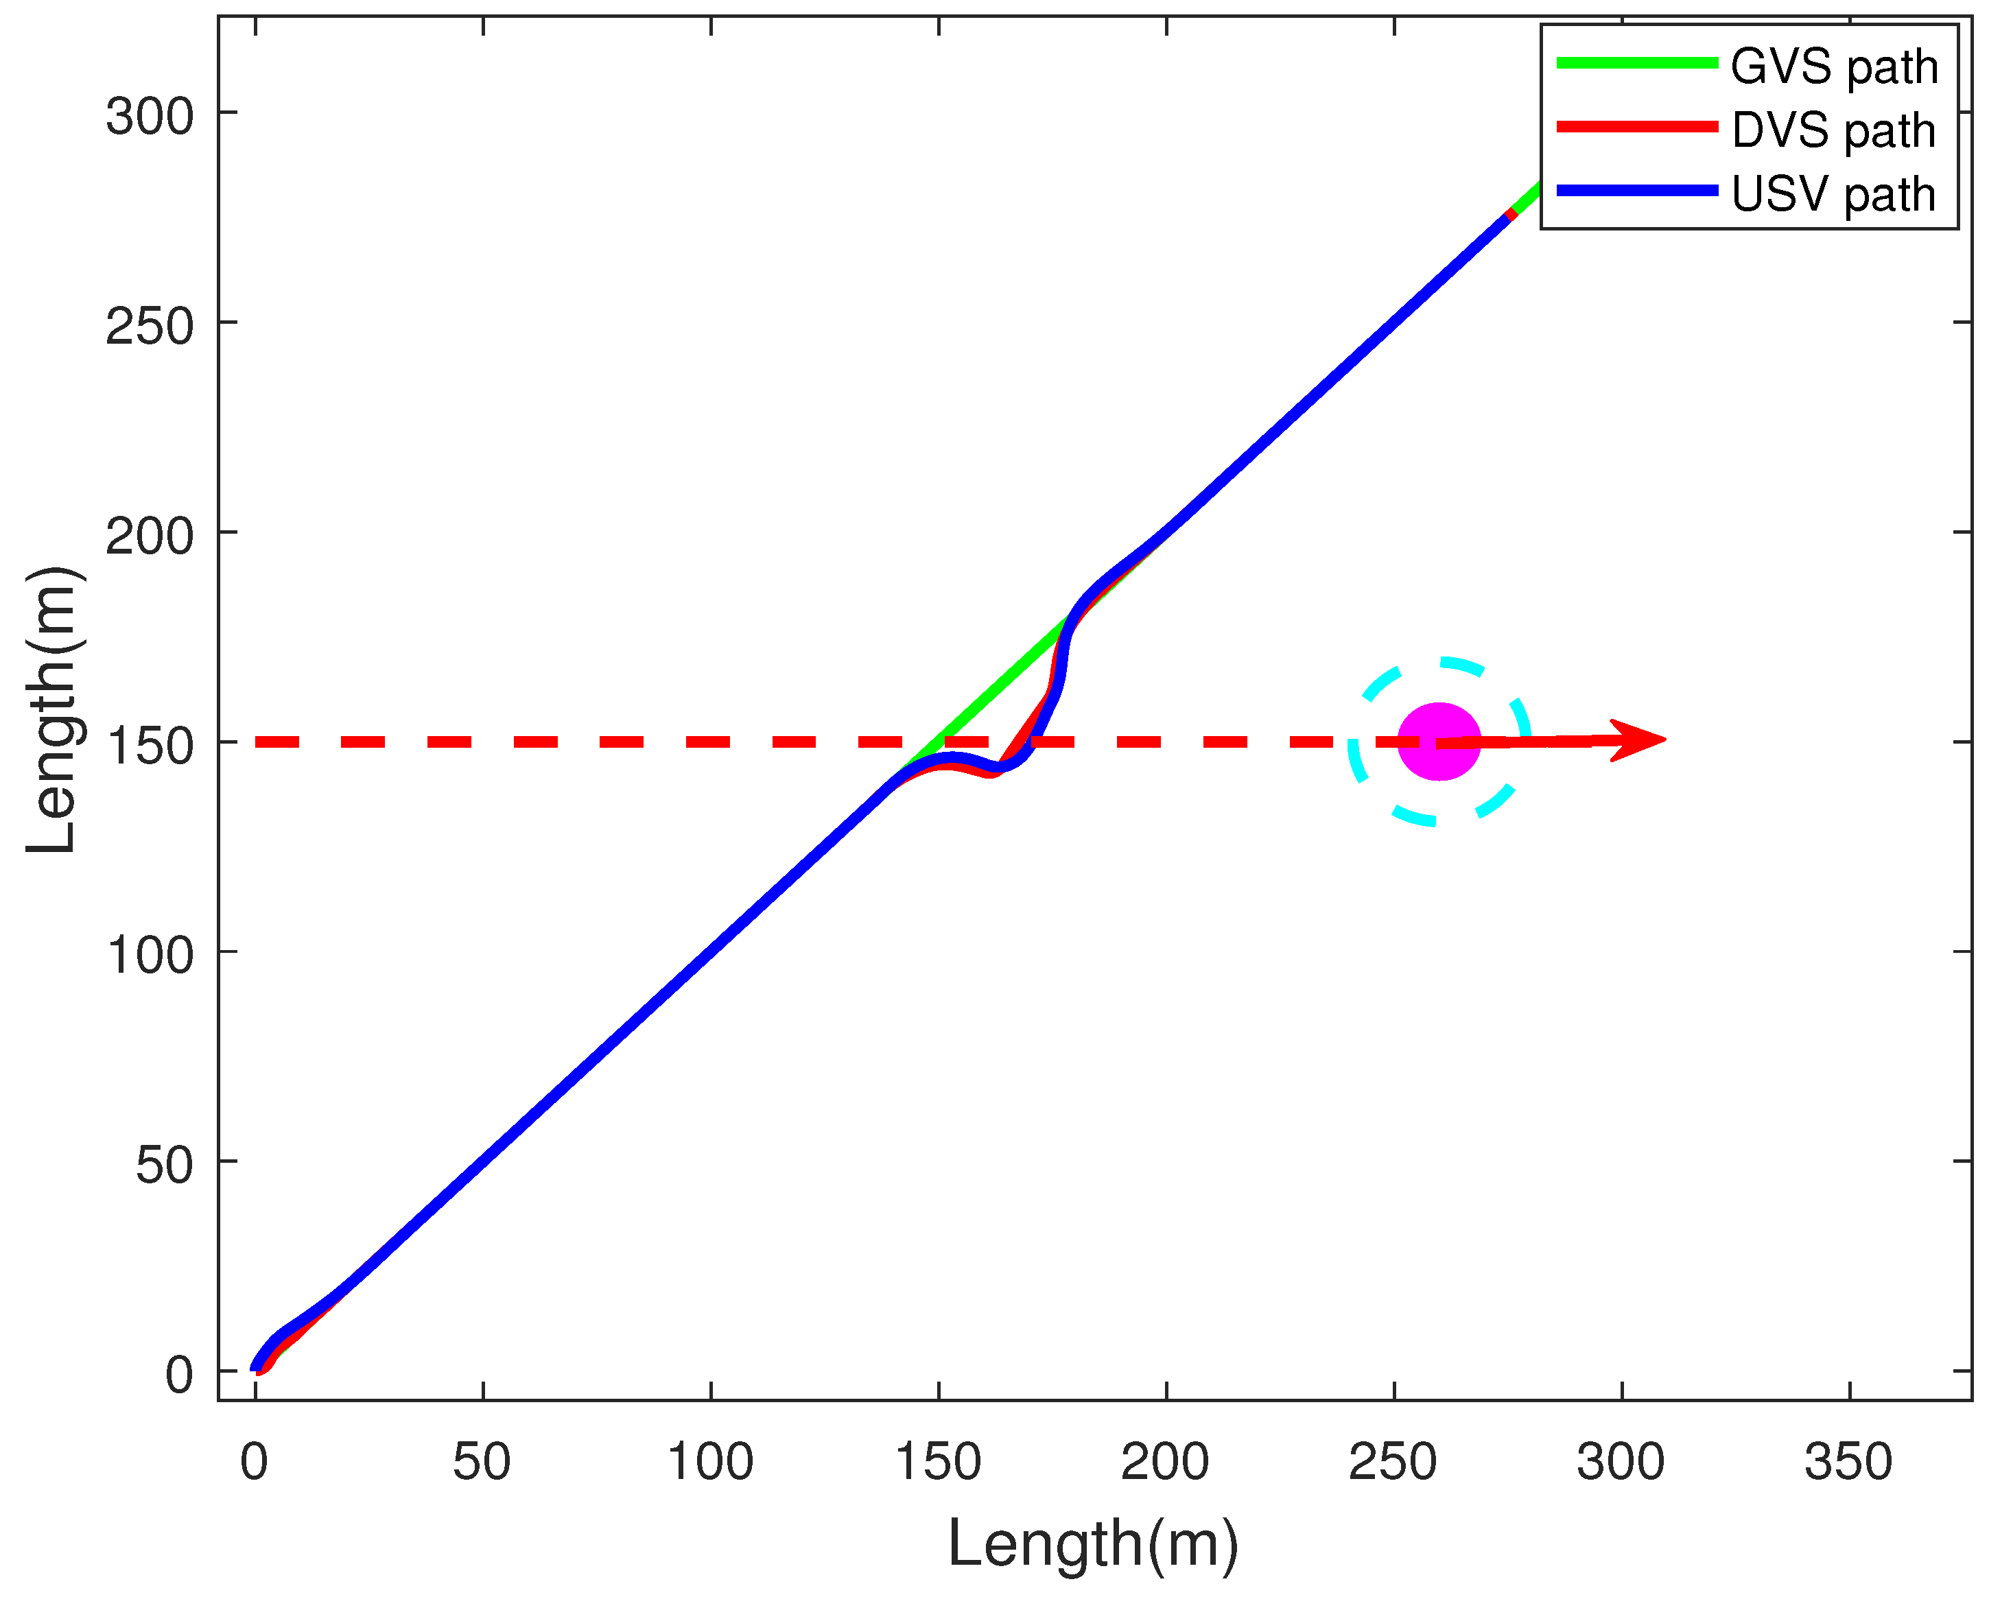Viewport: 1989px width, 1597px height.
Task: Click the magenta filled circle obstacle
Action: click(1439, 742)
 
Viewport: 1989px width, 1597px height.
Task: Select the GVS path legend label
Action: click(1834, 67)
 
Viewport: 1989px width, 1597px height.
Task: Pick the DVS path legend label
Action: click(1834, 131)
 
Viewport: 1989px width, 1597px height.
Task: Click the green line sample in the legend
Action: click(1638, 62)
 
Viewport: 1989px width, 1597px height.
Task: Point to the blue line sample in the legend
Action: click(1638, 191)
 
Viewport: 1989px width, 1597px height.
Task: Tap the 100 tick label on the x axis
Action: click(710, 1463)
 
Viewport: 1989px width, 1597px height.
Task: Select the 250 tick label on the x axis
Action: click(1393, 1463)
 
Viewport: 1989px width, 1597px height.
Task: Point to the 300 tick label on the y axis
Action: click(150, 117)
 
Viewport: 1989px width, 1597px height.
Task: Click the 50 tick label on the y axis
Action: click(164, 1166)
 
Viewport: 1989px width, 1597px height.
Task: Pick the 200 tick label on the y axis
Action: click(150, 536)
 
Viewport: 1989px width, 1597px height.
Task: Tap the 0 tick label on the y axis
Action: click(179, 1375)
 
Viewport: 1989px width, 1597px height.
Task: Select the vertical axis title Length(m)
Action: click(53, 711)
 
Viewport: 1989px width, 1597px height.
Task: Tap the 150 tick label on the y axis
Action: click(150, 746)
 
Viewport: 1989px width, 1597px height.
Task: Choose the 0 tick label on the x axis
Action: click(255, 1463)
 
